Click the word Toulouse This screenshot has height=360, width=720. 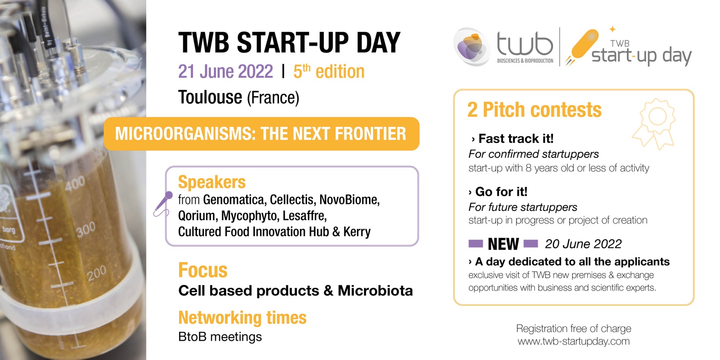[x=210, y=97]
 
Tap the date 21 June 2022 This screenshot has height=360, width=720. [x=226, y=71]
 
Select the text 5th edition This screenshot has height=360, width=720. [x=329, y=71]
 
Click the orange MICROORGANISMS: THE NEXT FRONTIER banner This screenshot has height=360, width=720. [x=261, y=134]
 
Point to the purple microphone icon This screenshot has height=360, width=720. [x=163, y=204]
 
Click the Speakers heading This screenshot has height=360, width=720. [x=212, y=182]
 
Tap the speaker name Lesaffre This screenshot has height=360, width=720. [x=304, y=216]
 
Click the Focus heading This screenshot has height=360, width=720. [x=203, y=270]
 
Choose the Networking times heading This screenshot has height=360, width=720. [x=242, y=317]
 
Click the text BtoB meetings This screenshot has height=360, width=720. [x=220, y=337]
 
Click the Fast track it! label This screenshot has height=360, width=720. [x=516, y=139]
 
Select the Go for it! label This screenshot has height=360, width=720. [x=501, y=192]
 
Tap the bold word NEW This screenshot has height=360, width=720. [x=503, y=244]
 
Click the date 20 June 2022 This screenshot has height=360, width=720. [x=583, y=244]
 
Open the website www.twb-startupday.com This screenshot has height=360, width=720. [x=573, y=341]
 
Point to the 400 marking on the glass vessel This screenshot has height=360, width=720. [x=75, y=183]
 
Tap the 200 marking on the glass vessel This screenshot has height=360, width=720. [x=96, y=273]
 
